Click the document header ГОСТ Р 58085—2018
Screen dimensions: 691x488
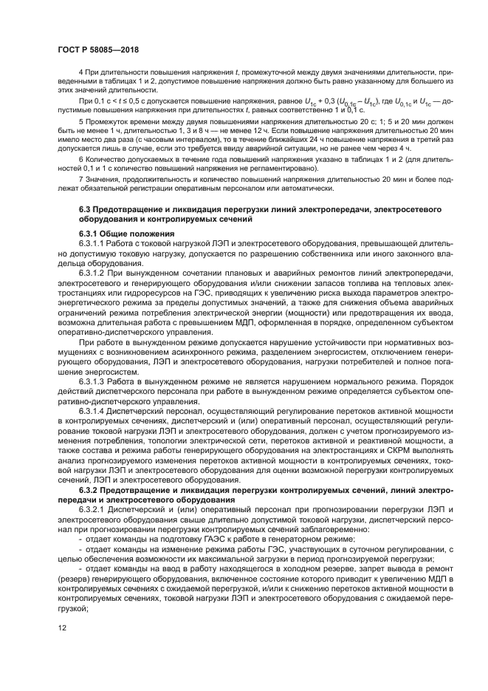point(99,50)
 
